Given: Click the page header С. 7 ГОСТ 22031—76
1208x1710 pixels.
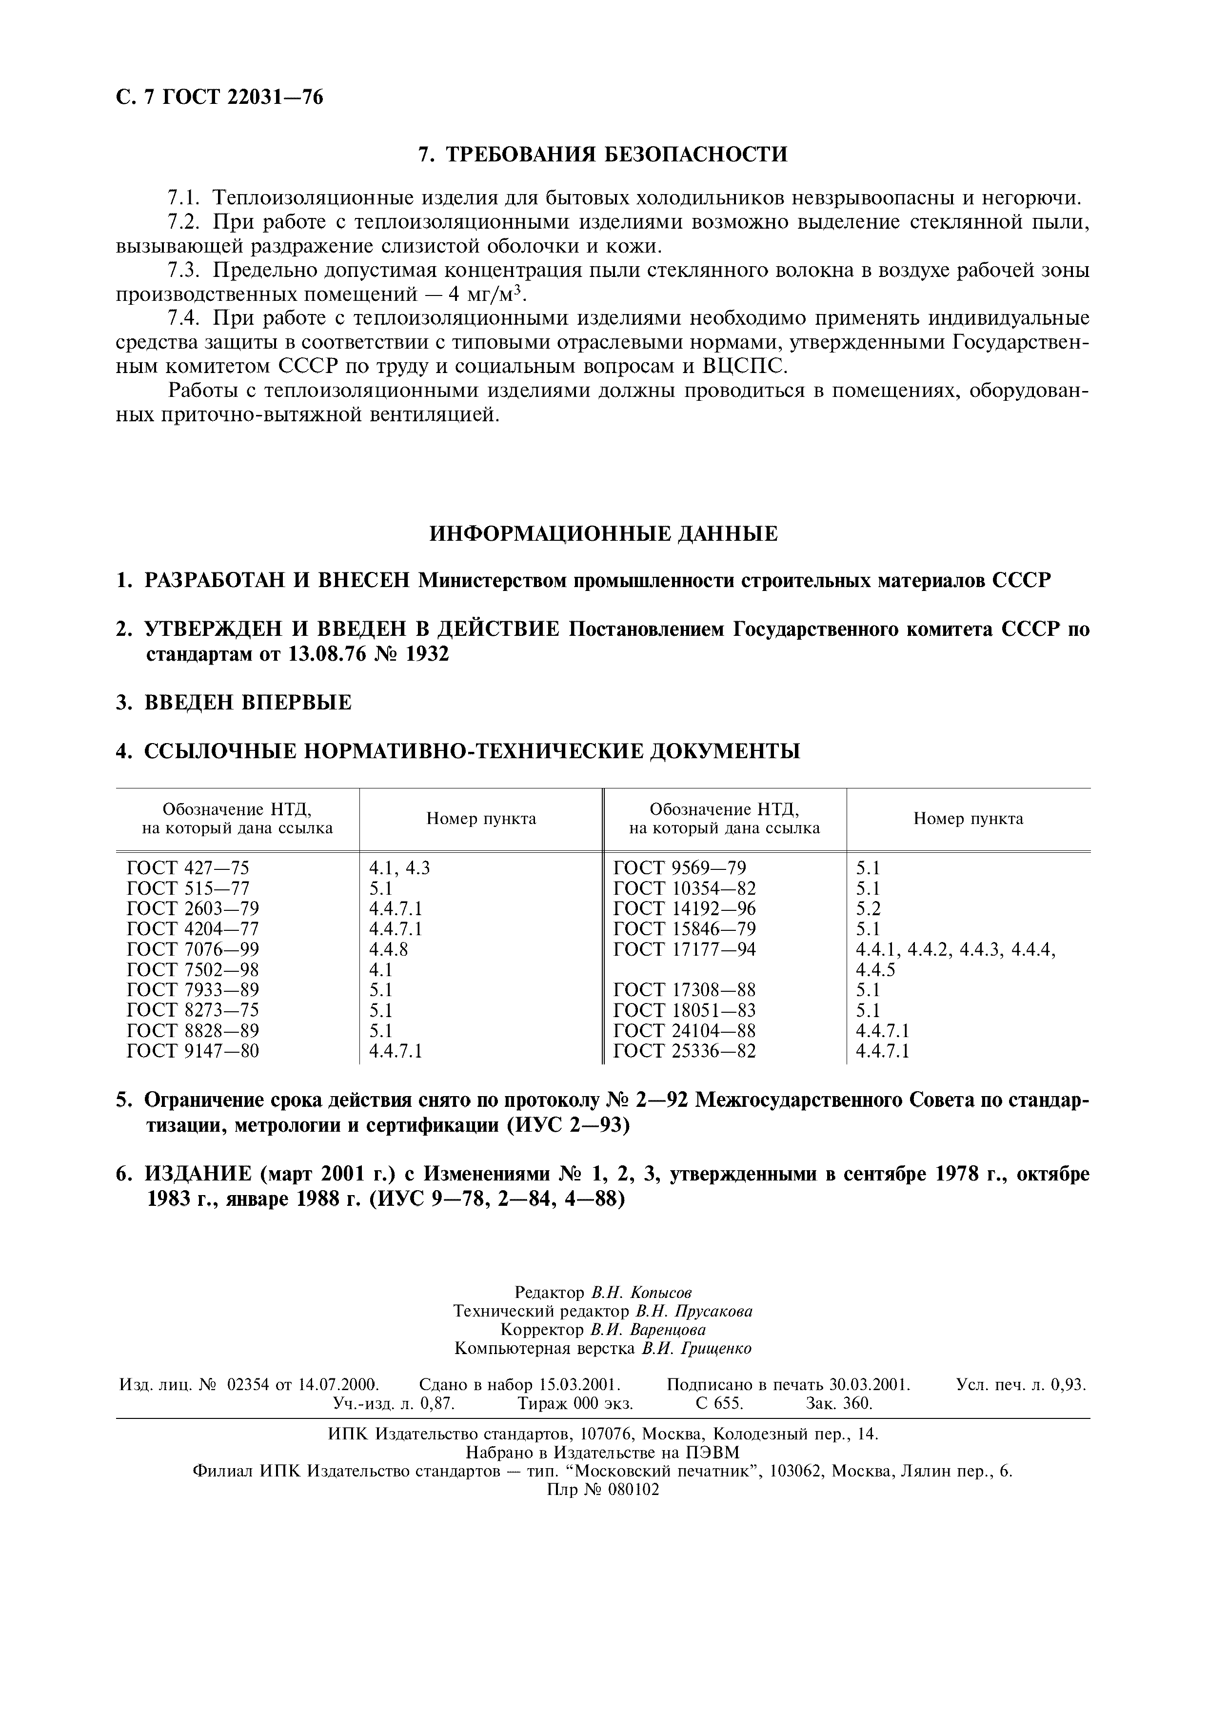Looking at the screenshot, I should pyautogui.click(x=220, y=98).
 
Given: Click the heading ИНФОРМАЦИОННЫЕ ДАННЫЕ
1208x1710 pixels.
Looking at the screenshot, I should pyautogui.click(x=603, y=533).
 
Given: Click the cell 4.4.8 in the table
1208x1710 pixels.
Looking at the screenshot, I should pyautogui.click(x=389, y=949).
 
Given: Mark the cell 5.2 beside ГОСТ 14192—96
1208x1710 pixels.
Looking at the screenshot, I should pyautogui.click(x=869, y=908).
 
